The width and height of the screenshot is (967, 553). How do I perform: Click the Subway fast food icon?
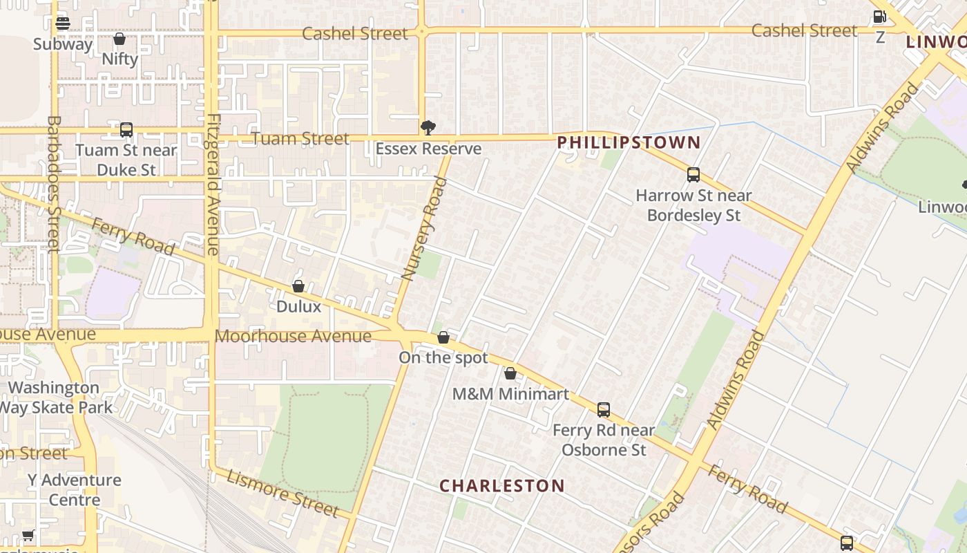click(x=63, y=24)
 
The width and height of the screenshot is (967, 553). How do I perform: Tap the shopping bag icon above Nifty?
click(x=119, y=39)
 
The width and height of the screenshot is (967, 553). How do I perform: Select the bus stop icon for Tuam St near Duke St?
click(x=126, y=129)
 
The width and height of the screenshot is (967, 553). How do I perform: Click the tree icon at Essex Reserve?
click(x=428, y=127)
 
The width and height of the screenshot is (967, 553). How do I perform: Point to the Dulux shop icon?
click(x=298, y=285)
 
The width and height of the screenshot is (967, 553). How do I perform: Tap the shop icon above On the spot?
click(x=443, y=337)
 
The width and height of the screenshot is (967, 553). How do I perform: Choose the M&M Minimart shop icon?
click(x=510, y=373)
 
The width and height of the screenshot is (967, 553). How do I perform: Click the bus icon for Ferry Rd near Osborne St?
click(x=604, y=410)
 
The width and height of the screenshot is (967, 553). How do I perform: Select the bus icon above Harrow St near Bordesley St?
click(x=693, y=175)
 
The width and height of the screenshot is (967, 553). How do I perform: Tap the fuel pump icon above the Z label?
click(x=879, y=17)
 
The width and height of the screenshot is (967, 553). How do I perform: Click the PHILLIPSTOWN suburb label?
click(x=629, y=143)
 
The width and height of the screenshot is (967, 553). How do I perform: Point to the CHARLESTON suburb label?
click(x=502, y=486)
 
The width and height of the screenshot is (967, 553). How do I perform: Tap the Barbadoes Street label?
click(x=54, y=184)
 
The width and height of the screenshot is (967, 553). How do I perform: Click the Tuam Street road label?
click(x=300, y=139)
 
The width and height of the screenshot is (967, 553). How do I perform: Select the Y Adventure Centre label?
click(x=74, y=489)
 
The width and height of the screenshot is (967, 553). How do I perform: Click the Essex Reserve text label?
click(x=428, y=149)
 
